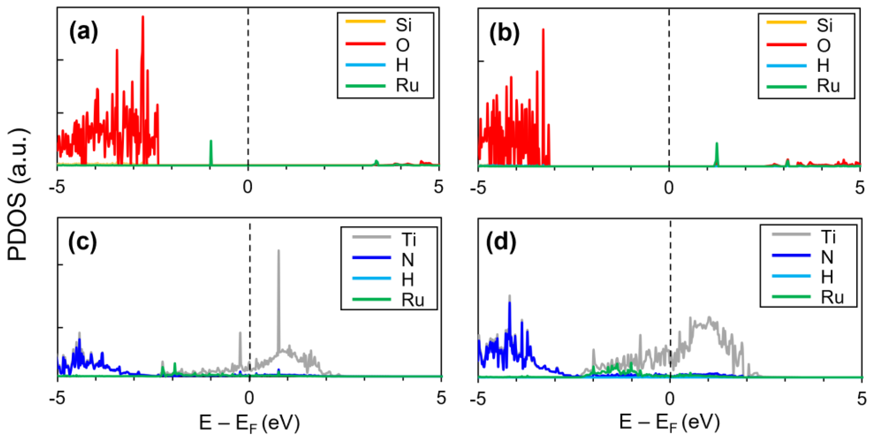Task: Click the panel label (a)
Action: coord(83,33)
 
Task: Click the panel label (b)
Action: coord(504,34)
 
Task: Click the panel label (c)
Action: coord(82,242)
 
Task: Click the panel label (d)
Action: coord(501,242)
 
